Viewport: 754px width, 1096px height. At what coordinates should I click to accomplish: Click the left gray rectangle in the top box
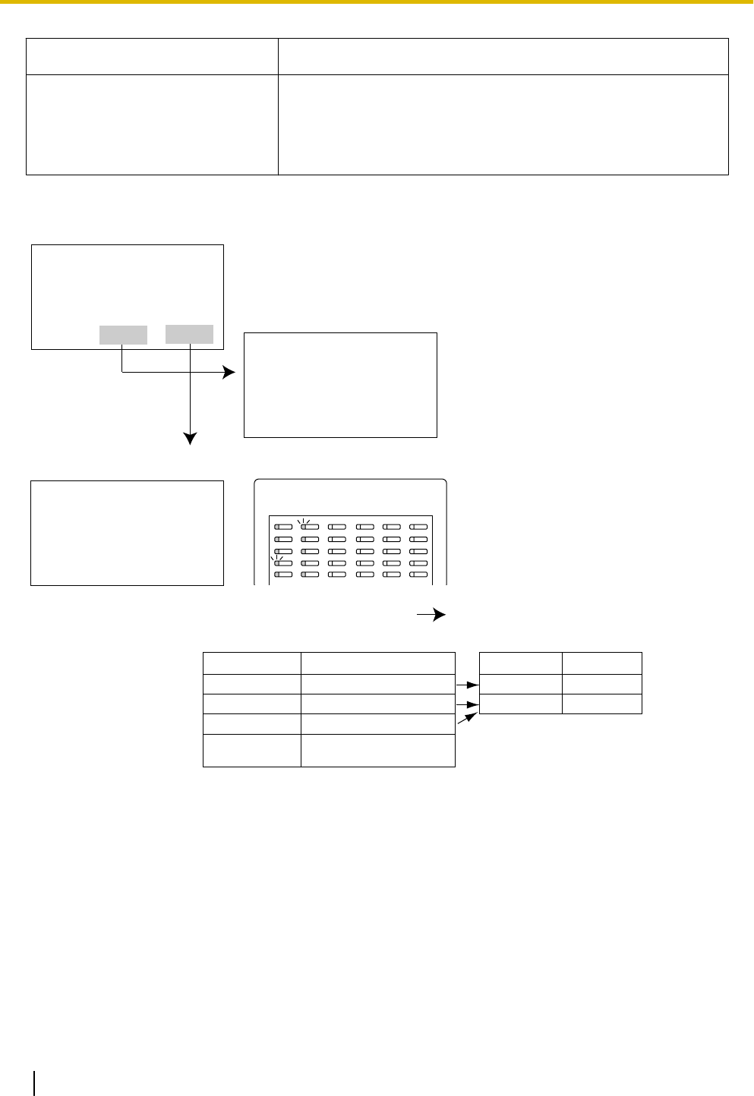(x=123, y=335)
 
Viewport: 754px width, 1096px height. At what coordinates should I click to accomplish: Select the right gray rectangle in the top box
(x=189, y=334)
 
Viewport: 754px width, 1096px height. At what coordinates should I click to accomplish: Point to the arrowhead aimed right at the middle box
(x=229, y=373)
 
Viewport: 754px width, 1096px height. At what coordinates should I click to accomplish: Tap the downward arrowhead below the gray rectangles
(x=190, y=438)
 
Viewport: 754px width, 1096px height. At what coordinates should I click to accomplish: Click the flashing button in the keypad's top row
(x=309, y=526)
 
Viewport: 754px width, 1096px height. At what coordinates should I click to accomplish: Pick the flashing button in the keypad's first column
(x=282, y=563)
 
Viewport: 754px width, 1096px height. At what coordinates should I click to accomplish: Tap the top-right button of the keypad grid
(x=418, y=526)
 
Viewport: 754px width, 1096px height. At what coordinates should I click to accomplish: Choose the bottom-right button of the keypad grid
(x=418, y=575)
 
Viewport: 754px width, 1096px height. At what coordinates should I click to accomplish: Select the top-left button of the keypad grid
(x=282, y=526)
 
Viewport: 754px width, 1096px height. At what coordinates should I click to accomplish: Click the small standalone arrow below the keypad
(x=431, y=615)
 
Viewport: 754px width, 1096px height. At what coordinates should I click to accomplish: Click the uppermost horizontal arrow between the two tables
(x=467, y=685)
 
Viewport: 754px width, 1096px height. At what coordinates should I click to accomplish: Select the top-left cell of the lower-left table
(x=252, y=663)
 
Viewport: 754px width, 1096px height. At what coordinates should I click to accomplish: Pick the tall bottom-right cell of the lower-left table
(x=378, y=750)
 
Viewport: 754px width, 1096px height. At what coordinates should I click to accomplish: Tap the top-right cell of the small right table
(x=602, y=663)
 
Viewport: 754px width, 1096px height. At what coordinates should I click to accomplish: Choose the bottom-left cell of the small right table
(x=521, y=704)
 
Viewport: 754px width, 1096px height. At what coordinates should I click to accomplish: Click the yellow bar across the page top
(x=377, y=2)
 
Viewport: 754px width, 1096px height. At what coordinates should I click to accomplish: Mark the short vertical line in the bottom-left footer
(x=35, y=1082)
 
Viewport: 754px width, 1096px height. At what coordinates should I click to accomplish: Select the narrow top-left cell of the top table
(x=152, y=56)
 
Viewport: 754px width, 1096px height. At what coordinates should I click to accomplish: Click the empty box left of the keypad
(x=127, y=533)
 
